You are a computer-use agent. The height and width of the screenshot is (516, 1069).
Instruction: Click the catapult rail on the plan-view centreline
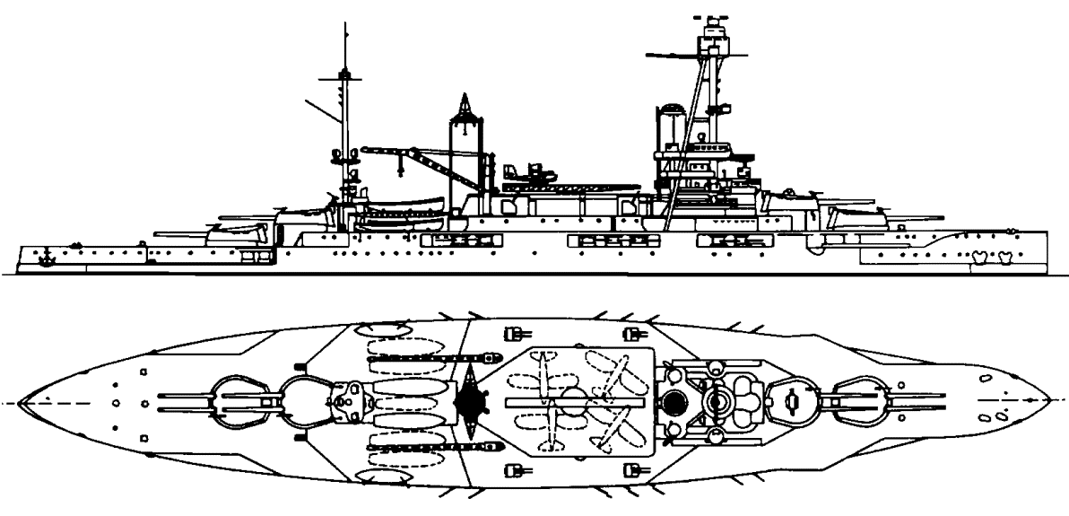tap(574, 401)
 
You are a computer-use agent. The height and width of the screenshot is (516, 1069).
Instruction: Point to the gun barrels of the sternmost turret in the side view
tap(179, 235)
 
